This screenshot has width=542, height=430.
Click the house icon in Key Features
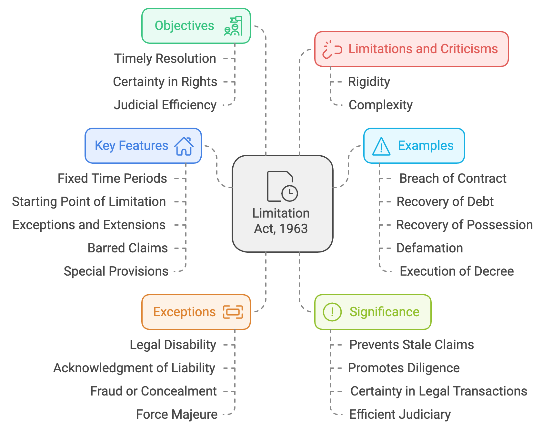coord(184,146)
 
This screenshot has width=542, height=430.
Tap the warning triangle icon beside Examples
coord(381,146)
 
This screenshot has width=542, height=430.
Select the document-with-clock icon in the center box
coord(282,186)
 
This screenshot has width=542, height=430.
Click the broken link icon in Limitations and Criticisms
coord(332,49)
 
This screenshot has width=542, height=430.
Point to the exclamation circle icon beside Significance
coord(332,312)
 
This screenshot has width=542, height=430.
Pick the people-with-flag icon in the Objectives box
coord(233,26)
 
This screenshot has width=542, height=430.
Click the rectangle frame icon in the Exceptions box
coord(233,312)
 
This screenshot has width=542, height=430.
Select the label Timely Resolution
coord(165,59)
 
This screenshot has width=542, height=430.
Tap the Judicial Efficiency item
coord(165,105)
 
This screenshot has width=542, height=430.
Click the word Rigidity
coord(369,82)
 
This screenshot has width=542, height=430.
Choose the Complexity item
coord(381,105)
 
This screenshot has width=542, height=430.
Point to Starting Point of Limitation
coord(89,202)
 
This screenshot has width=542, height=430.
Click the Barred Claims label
coord(128,248)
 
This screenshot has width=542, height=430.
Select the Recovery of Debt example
coord(445,202)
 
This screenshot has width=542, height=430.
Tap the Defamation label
coord(430,248)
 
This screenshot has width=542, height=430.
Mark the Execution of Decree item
coord(457,271)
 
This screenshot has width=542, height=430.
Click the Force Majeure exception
coord(177,415)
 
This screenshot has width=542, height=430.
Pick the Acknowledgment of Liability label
coord(134,368)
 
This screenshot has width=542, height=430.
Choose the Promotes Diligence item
coord(404,368)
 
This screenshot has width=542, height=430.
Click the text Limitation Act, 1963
coord(281,221)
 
